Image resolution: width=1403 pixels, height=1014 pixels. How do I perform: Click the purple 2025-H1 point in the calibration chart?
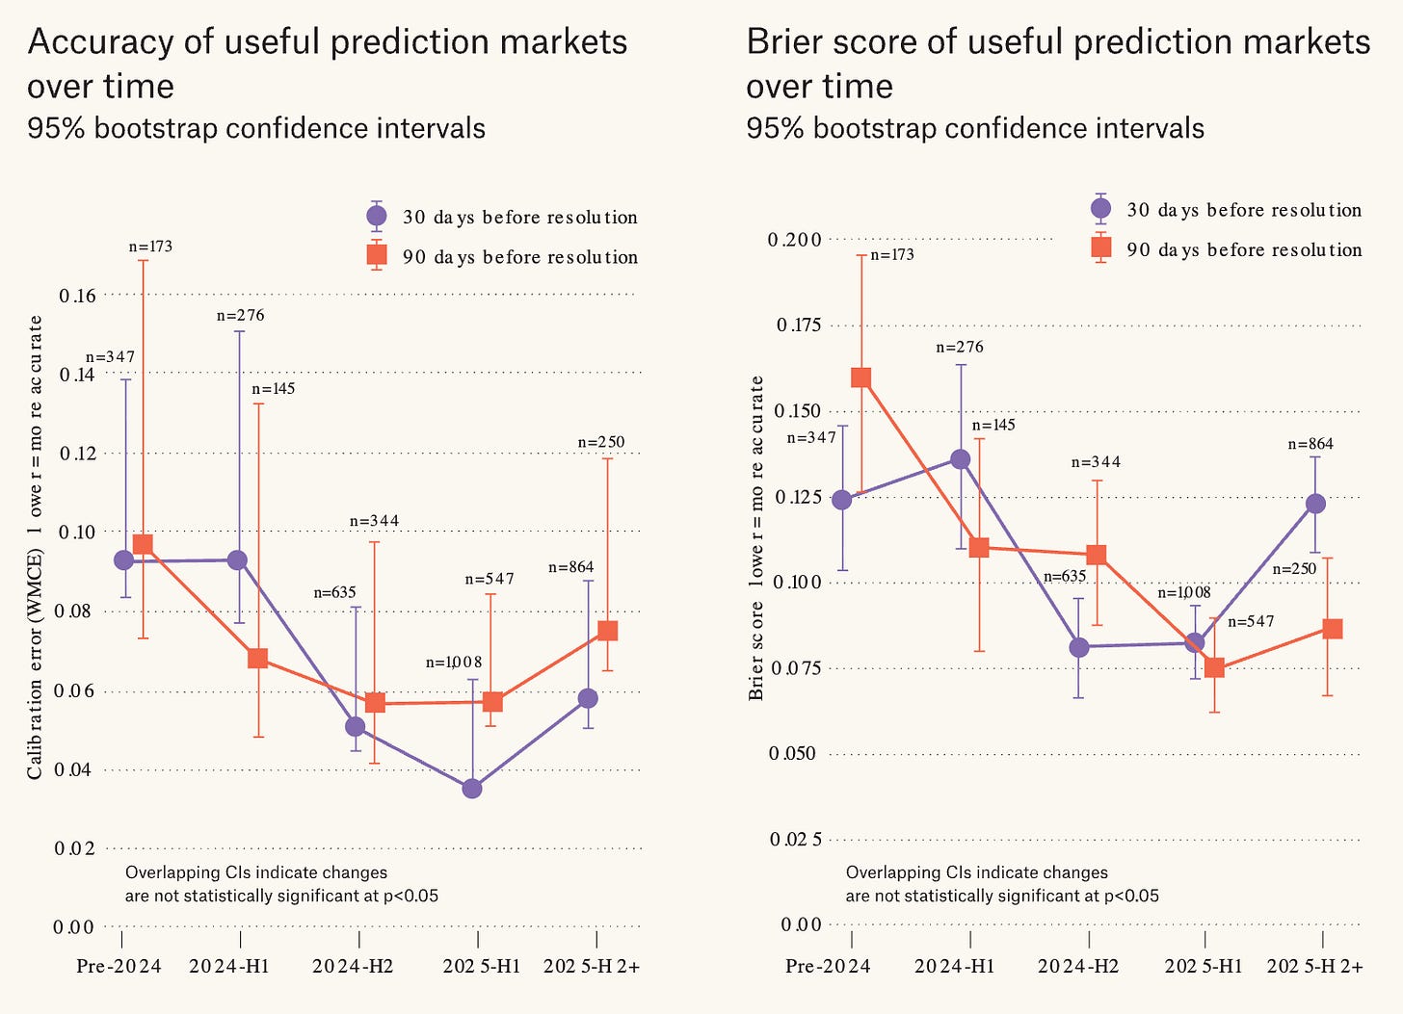(x=472, y=788)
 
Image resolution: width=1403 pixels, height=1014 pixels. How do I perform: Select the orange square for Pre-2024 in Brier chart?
(x=861, y=377)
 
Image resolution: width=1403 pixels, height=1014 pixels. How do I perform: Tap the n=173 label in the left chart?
(x=150, y=246)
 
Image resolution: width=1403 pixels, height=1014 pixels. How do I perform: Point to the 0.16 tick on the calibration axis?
(x=78, y=296)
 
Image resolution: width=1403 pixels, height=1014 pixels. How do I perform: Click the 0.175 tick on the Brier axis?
(x=799, y=325)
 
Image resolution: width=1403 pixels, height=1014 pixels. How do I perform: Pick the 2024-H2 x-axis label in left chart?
(x=353, y=966)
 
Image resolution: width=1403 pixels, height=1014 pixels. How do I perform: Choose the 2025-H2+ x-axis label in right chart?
(x=1314, y=966)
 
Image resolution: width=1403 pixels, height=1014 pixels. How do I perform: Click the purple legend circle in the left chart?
(x=377, y=216)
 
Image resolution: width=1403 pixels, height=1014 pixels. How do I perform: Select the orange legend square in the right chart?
(x=1101, y=247)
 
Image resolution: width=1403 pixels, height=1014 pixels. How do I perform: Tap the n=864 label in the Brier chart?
(x=1310, y=444)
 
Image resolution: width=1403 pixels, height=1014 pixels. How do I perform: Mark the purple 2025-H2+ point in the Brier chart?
(x=1316, y=504)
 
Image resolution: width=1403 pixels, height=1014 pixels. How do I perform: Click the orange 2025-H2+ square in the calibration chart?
(x=607, y=631)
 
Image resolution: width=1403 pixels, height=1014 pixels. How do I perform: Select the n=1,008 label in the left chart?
(x=454, y=663)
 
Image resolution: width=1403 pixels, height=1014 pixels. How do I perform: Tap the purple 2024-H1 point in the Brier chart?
(x=960, y=459)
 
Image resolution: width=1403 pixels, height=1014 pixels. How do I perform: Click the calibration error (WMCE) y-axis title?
(x=35, y=548)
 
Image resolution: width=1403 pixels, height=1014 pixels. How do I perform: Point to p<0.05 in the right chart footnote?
(x=1131, y=896)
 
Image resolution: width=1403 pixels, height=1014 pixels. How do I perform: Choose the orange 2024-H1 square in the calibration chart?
(x=257, y=659)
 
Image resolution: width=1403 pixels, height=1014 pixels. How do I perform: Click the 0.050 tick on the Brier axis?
(x=792, y=753)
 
